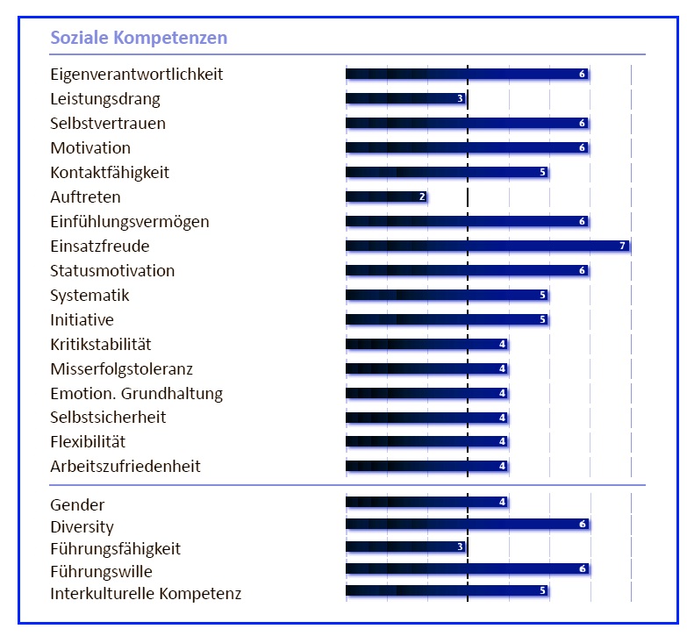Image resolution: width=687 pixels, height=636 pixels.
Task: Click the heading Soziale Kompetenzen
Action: [x=139, y=38]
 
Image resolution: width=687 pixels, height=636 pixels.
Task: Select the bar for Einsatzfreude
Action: [x=487, y=246]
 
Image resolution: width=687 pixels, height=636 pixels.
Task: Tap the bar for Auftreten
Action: [x=386, y=197]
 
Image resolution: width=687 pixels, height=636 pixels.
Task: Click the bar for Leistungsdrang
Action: [x=405, y=98]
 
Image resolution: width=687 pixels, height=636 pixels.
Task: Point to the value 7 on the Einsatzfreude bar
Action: [x=623, y=246]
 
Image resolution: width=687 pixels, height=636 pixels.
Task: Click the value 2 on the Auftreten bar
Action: [x=422, y=197]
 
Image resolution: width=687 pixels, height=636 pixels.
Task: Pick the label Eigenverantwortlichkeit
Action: [x=137, y=74]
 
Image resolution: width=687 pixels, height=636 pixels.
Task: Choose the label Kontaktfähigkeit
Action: [x=110, y=172]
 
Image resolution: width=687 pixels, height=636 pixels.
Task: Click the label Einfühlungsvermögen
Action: [x=130, y=221]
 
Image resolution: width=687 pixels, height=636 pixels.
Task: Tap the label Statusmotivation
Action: [x=112, y=270]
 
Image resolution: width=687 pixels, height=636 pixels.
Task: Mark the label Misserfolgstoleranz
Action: [x=121, y=368]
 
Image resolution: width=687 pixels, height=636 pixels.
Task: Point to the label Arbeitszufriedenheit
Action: [x=125, y=466]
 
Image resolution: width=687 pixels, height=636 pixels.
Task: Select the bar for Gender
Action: [x=426, y=502]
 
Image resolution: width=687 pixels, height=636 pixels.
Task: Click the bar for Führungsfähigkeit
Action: [x=405, y=547]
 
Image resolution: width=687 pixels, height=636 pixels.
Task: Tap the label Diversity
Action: [x=82, y=527]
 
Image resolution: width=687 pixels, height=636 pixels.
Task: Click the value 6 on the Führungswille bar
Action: [x=583, y=569]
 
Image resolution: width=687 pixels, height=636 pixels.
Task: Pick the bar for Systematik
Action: [x=447, y=295]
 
